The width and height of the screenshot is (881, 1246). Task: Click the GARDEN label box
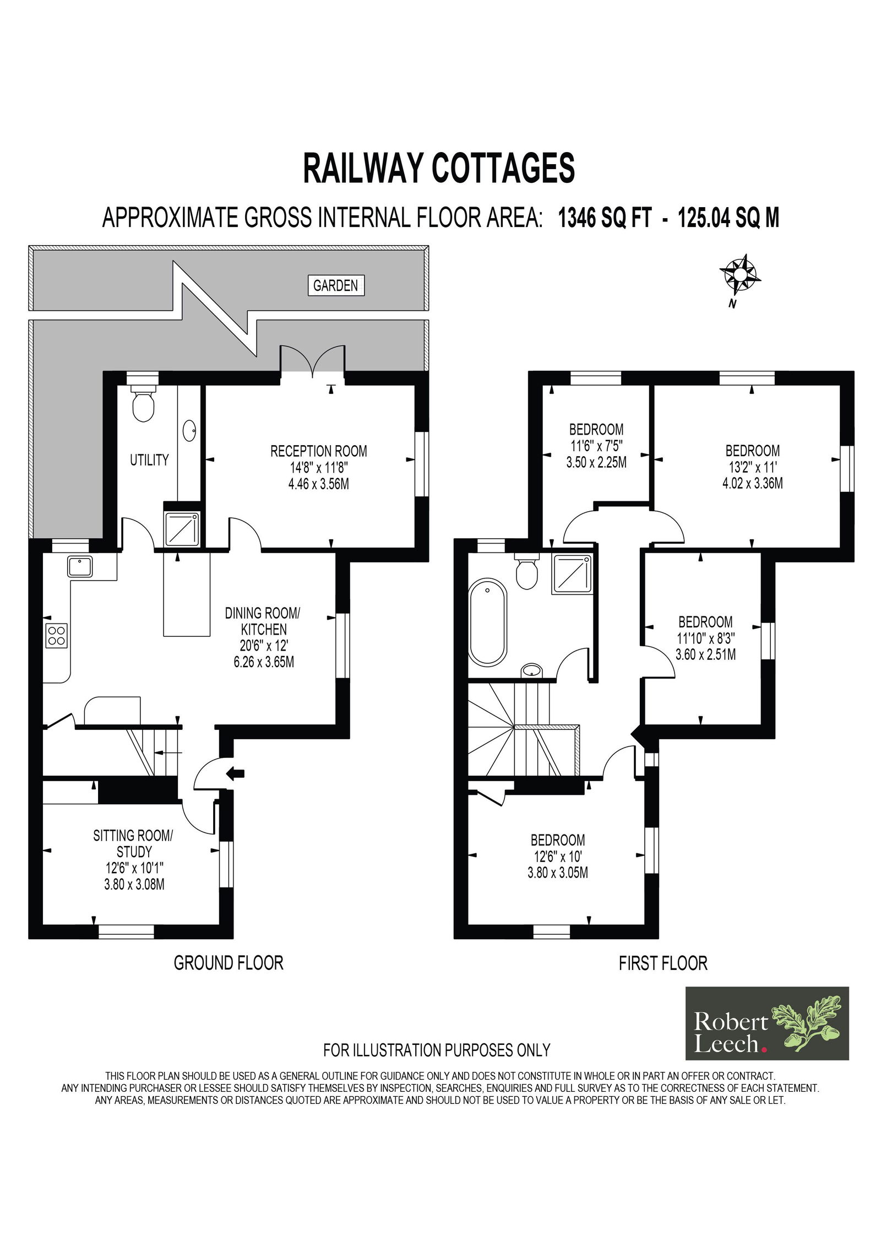point(335,285)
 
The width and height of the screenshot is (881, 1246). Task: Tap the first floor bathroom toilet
point(526,572)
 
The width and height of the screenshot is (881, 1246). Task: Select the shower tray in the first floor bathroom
point(573,575)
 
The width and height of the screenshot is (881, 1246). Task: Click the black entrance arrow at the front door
point(235,773)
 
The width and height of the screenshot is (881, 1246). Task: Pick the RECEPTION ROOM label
point(319,451)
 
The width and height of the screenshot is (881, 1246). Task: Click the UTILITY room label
point(149,460)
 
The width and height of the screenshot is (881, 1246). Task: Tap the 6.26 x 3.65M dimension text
point(264,662)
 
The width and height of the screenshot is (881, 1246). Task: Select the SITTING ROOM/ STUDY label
point(133,843)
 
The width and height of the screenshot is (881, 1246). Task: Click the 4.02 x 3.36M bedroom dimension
point(753,484)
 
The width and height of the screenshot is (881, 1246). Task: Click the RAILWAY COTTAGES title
point(439,168)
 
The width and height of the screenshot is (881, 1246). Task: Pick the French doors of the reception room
point(313,361)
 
